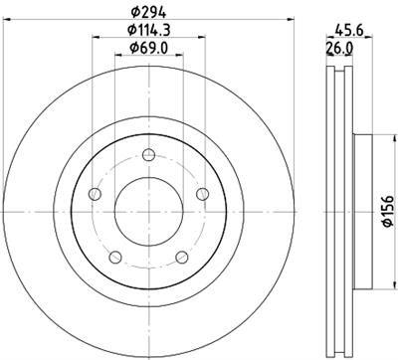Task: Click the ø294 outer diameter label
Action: click(148, 10)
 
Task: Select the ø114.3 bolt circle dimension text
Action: click(148, 31)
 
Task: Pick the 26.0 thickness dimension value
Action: click(339, 50)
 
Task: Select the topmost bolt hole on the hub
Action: click(148, 153)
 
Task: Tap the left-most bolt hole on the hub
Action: click(95, 194)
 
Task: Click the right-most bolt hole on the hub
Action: click(202, 194)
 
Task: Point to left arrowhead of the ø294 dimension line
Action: click(6, 19)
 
